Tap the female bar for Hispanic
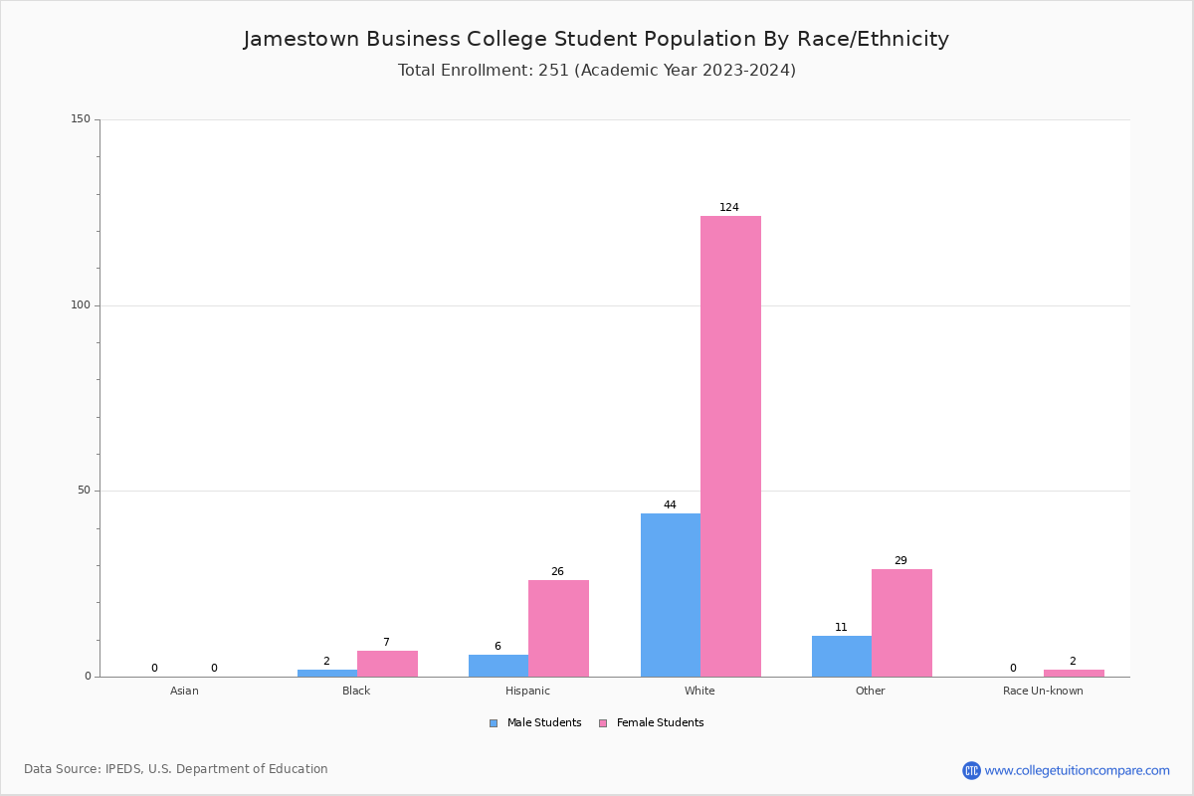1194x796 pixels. coord(558,628)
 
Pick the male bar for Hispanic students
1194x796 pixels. coord(498,666)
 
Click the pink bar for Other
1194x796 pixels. coord(901,623)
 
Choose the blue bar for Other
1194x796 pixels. coord(842,656)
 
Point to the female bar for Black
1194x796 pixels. coord(387,664)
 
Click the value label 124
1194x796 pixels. coord(729,208)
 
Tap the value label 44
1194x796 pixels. coord(670,505)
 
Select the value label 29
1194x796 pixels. coord(900,561)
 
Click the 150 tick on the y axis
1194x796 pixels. coord(81,119)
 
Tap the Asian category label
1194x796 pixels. coord(184,691)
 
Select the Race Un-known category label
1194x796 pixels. coord(1043,691)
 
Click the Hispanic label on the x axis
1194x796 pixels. coord(527,691)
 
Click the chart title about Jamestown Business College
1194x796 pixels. coord(596,39)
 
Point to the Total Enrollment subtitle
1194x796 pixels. coord(596,71)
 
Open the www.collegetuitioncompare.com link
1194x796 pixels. coord(1077,770)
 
